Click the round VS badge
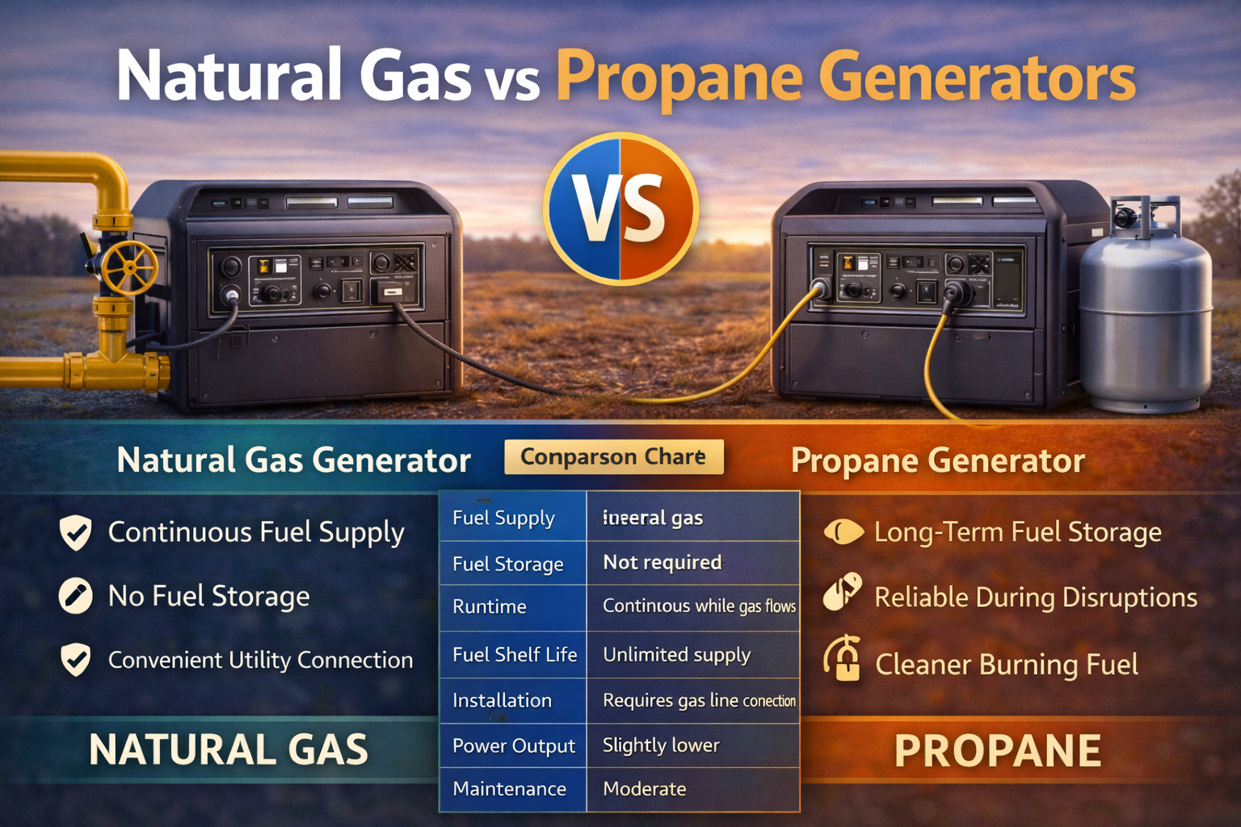(620, 208)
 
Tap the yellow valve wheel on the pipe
(129, 268)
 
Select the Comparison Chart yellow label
(613, 457)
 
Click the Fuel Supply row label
(503, 518)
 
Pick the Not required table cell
(663, 562)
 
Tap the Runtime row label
(490, 607)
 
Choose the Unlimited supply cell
(676, 654)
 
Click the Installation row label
(502, 700)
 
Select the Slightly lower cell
(661, 745)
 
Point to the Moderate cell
(644, 789)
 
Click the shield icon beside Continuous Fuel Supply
(76, 533)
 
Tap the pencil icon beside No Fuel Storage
(75, 596)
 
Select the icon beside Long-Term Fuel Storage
(843, 532)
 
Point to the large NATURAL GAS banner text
(229, 749)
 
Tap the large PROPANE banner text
(997, 751)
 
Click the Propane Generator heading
(937, 460)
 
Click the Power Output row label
(514, 745)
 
